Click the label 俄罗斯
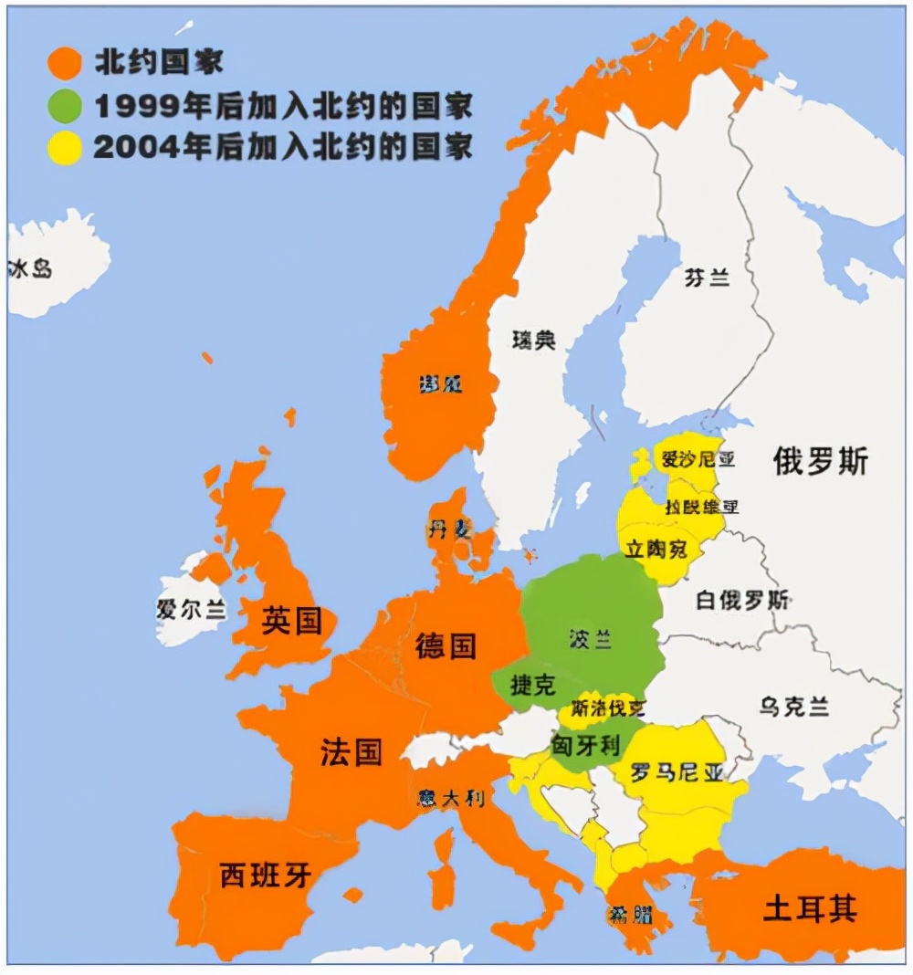821,461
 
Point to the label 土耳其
810,909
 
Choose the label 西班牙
266,875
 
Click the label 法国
351,753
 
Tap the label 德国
446,645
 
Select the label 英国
292,622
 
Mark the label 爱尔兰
191,610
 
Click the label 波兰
590,639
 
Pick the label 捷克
533,685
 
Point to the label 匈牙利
585,746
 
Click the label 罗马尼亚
677,773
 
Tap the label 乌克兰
793,706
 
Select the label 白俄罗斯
742,601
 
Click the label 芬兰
708,278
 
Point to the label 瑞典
534,340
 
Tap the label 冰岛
30,268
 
